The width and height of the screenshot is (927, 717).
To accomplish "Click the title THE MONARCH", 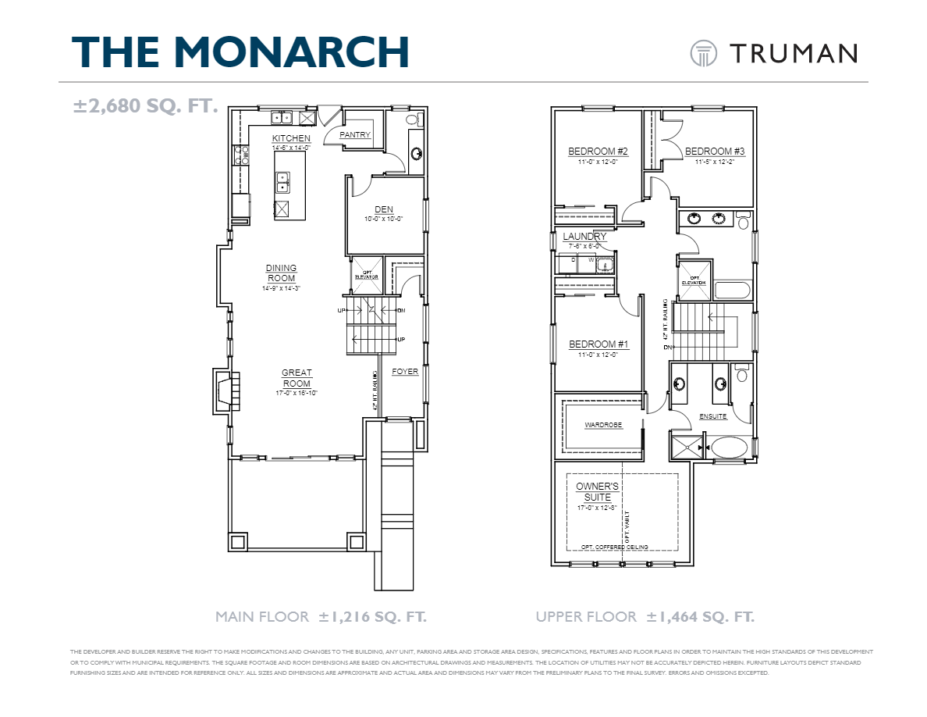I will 240,52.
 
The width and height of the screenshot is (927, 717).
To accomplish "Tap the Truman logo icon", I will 703,53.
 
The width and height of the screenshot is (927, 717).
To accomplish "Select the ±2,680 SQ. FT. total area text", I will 145,105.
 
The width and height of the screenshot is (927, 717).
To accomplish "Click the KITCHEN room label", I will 291,138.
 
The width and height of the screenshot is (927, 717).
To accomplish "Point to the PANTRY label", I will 354,135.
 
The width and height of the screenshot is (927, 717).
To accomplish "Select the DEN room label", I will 384,209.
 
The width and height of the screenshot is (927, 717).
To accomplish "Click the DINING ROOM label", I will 281,273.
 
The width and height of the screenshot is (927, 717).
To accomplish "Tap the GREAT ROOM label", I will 297,378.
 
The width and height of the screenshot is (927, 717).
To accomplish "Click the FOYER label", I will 405,372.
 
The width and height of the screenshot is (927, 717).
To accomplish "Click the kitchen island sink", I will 282,181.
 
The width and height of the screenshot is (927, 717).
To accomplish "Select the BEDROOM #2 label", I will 598,152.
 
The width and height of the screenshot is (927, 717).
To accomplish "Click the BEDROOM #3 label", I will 715,152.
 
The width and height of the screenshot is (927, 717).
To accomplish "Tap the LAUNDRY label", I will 584,236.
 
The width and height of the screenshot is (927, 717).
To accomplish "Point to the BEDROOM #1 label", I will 598,344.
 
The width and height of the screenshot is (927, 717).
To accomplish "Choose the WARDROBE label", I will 603,426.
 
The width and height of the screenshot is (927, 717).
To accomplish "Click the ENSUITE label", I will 712,416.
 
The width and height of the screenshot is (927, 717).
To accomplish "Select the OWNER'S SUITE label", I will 597,491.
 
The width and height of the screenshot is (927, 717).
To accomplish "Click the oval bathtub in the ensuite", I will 730,448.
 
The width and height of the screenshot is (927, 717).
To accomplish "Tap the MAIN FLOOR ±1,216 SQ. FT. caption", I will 321,617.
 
